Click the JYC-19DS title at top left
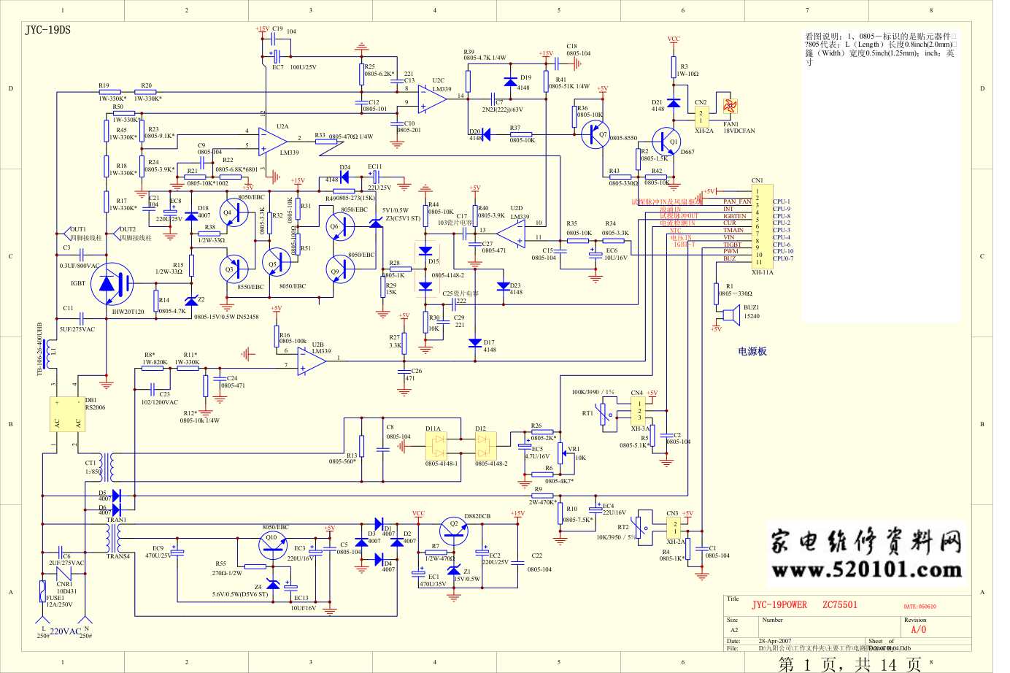tap(48, 30)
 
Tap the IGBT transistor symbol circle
tap(112, 284)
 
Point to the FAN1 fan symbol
tap(729, 106)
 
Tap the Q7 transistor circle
tap(595, 134)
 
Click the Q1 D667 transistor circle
tap(666, 141)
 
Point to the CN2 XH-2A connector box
tap(701, 117)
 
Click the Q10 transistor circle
tap(272, 545)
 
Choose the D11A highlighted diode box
tap(437, 445)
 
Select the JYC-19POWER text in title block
tap(779, 605)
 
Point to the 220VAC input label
tap(65, 631)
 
